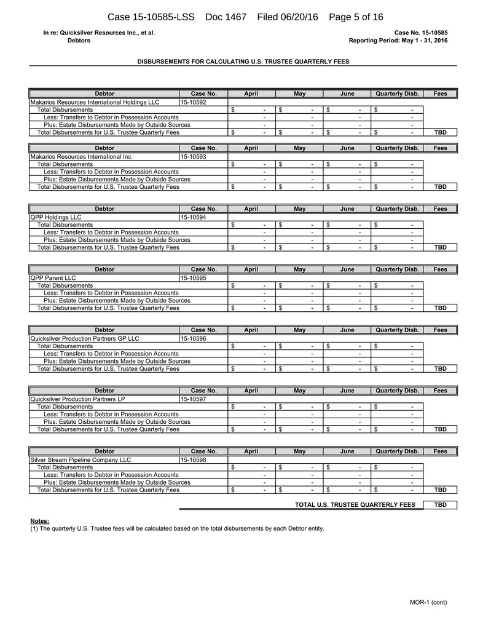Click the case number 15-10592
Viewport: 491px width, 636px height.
pos(194,102)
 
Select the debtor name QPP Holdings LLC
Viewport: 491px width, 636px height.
pos(56,217)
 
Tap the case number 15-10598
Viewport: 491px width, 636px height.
pos(194,459)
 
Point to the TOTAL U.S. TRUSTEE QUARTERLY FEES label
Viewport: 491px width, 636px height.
pos(355,505)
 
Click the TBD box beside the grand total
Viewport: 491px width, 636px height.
pos(440,505)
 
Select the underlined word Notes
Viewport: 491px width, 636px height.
pos(39,521)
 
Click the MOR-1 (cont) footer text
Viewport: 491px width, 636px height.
pos(429,602)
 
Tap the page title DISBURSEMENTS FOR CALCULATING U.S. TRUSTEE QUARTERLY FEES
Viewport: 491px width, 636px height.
pos(243,62)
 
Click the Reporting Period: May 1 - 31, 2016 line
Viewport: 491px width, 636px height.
pos(398,41)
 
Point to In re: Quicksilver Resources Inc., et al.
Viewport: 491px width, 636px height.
pos(99,33)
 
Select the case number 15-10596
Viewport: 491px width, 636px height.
pos(194,338)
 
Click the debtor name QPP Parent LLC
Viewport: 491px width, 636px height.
pos(53,278)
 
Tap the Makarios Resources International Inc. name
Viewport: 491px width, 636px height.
pos(81,157)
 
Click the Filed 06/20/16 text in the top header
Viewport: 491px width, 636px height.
pos(288,17)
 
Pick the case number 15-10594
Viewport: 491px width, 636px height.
pos(194,217)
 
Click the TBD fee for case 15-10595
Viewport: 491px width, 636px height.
pos(440,308)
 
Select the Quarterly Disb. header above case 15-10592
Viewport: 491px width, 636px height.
pos(398,94)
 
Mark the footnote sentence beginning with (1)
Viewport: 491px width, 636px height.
pos(177,528)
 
